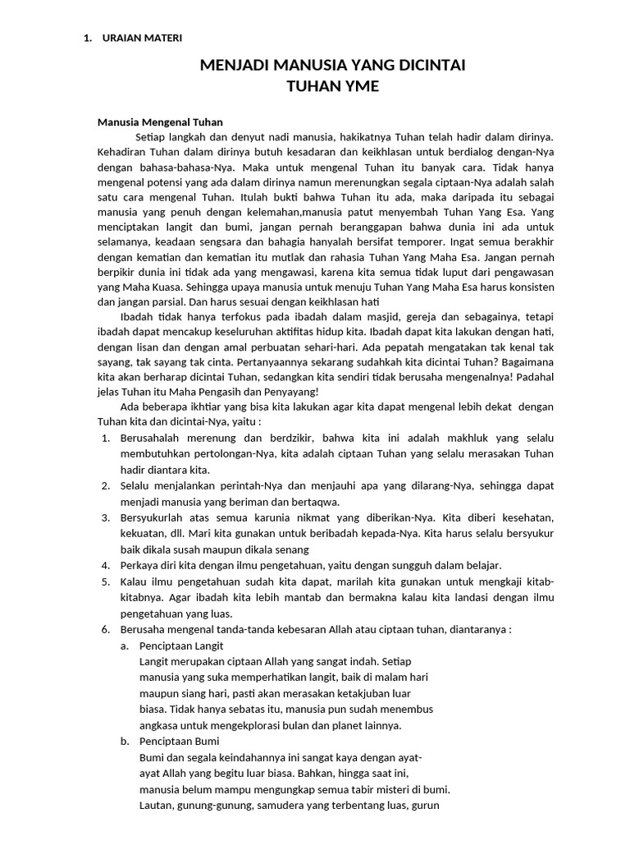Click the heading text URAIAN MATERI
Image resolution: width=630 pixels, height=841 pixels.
[x=141, y=38]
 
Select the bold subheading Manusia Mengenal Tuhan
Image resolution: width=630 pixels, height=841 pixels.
[x=160, y=123]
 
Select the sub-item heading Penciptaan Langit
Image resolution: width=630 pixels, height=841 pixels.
[x=181, y=646]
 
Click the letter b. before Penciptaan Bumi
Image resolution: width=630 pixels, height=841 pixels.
[x=126, y=742]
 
